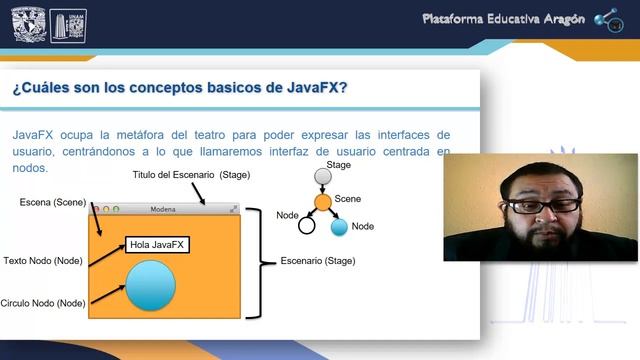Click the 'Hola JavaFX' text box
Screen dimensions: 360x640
pyautogui.click(x=157, y=243)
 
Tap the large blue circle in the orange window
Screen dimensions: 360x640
pyautogui.click(x=149, y=285)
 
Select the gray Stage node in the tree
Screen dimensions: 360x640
pyautogui.click(x=322, y=177)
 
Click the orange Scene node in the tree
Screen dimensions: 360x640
pyautogui.click(x=322, y=202)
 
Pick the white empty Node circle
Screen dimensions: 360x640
pyautogui.click(x=306, y=225)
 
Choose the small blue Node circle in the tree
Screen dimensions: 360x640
pyautogui.click(x=339, y=227)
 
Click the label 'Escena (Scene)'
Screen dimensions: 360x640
pyautogui.click(x=53, y=202)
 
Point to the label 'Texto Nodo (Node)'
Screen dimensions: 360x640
pyautogui.click(x=42, y=260)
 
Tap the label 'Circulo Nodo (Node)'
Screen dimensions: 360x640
pyautogui.click(x=42, y=302)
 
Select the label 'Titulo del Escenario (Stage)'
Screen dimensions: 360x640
pyautogui.click(x=191, y=175)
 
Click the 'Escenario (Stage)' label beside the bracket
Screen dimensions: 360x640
pyautogui.click(x=317, y=261)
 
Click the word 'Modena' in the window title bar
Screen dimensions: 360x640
pyautogui.click(x=162, y=209)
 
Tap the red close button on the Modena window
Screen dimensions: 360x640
pyautogui.click(x=95, y=209)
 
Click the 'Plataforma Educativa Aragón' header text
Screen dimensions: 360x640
pyautogui.click(x=503, y=19)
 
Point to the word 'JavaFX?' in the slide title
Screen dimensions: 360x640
pyautogui.click(x=312, y=87)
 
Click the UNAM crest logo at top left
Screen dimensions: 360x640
pyautogui.click(x=29, y=24)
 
